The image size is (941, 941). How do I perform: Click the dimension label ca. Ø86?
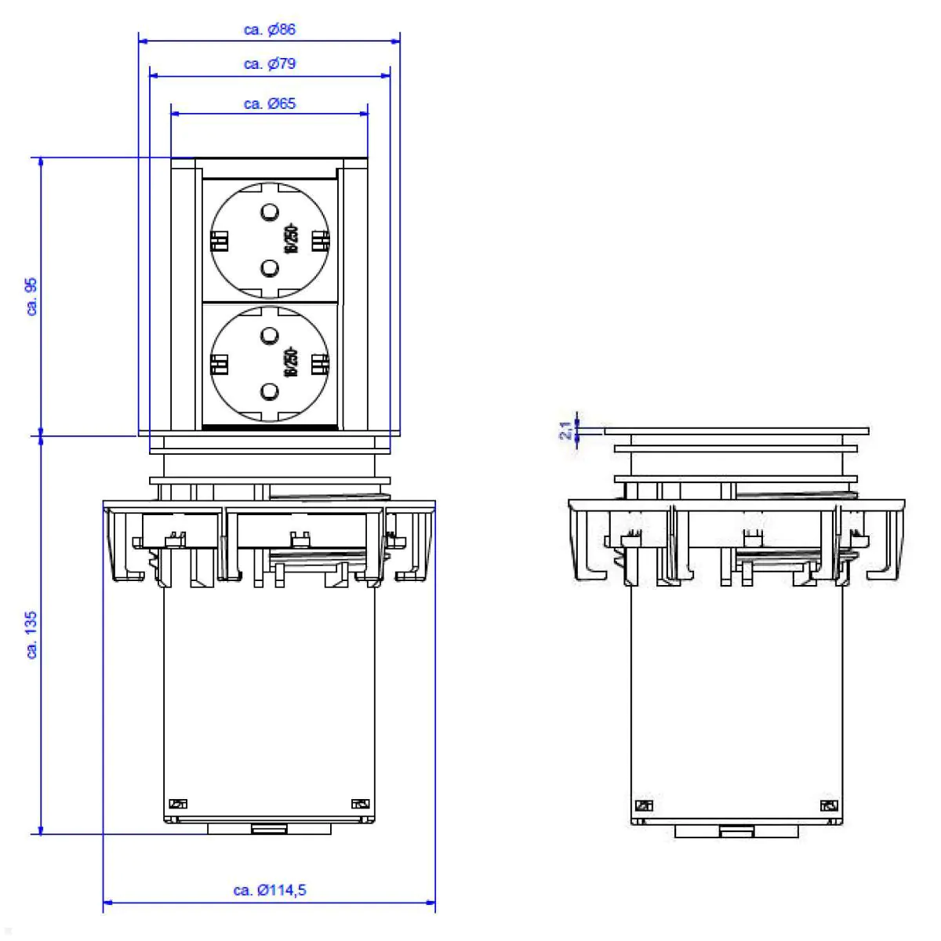[x=270, y=30]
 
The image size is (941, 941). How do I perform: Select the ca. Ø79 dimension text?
[x=270, y=64]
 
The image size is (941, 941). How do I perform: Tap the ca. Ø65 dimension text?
[x=270, y=104]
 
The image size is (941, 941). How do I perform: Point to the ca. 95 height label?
[x=32, y=296]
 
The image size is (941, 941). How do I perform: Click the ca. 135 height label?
[x=32, y=635]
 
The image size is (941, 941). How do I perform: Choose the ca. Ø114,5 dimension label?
[x=270, y=890]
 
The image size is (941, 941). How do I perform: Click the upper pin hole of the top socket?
[x=269, y=212]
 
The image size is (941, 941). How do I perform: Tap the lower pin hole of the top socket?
[x=269, y=269]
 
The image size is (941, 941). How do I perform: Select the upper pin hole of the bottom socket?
[x=269, y=336]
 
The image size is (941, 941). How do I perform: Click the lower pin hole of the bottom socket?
[x=269, y=391]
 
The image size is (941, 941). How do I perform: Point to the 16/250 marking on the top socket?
[x=291, y=239]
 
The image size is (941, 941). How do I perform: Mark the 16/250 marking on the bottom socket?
[x=291, y=363]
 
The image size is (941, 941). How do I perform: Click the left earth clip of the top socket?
[x=219, y=240]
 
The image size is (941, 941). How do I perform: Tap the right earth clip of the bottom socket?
[x=319, y=364]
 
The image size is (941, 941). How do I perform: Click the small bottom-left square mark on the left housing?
[x=179, y=803]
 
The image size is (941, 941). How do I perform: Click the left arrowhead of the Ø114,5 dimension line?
[x=107, y=903]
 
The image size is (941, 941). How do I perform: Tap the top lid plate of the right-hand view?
[x=736, y=431]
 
